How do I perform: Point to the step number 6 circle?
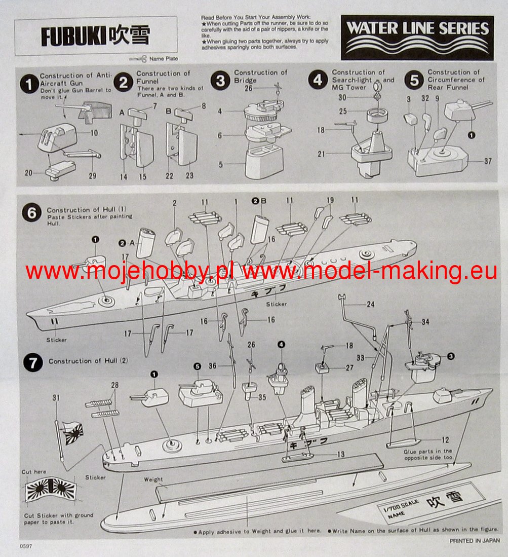(x=31, y=213)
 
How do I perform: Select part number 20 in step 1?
(x=28, y=173)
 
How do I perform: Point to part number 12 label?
(x=444, y=440)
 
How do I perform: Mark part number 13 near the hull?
(x=341, y=454)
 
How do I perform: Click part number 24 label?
(x=371, y=305)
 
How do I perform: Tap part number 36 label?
(x=212, y=366)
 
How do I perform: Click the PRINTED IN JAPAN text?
(x=475, y=541)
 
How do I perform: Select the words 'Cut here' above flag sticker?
(x=33, y=472)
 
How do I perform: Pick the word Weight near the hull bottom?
(x=153, y=479)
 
